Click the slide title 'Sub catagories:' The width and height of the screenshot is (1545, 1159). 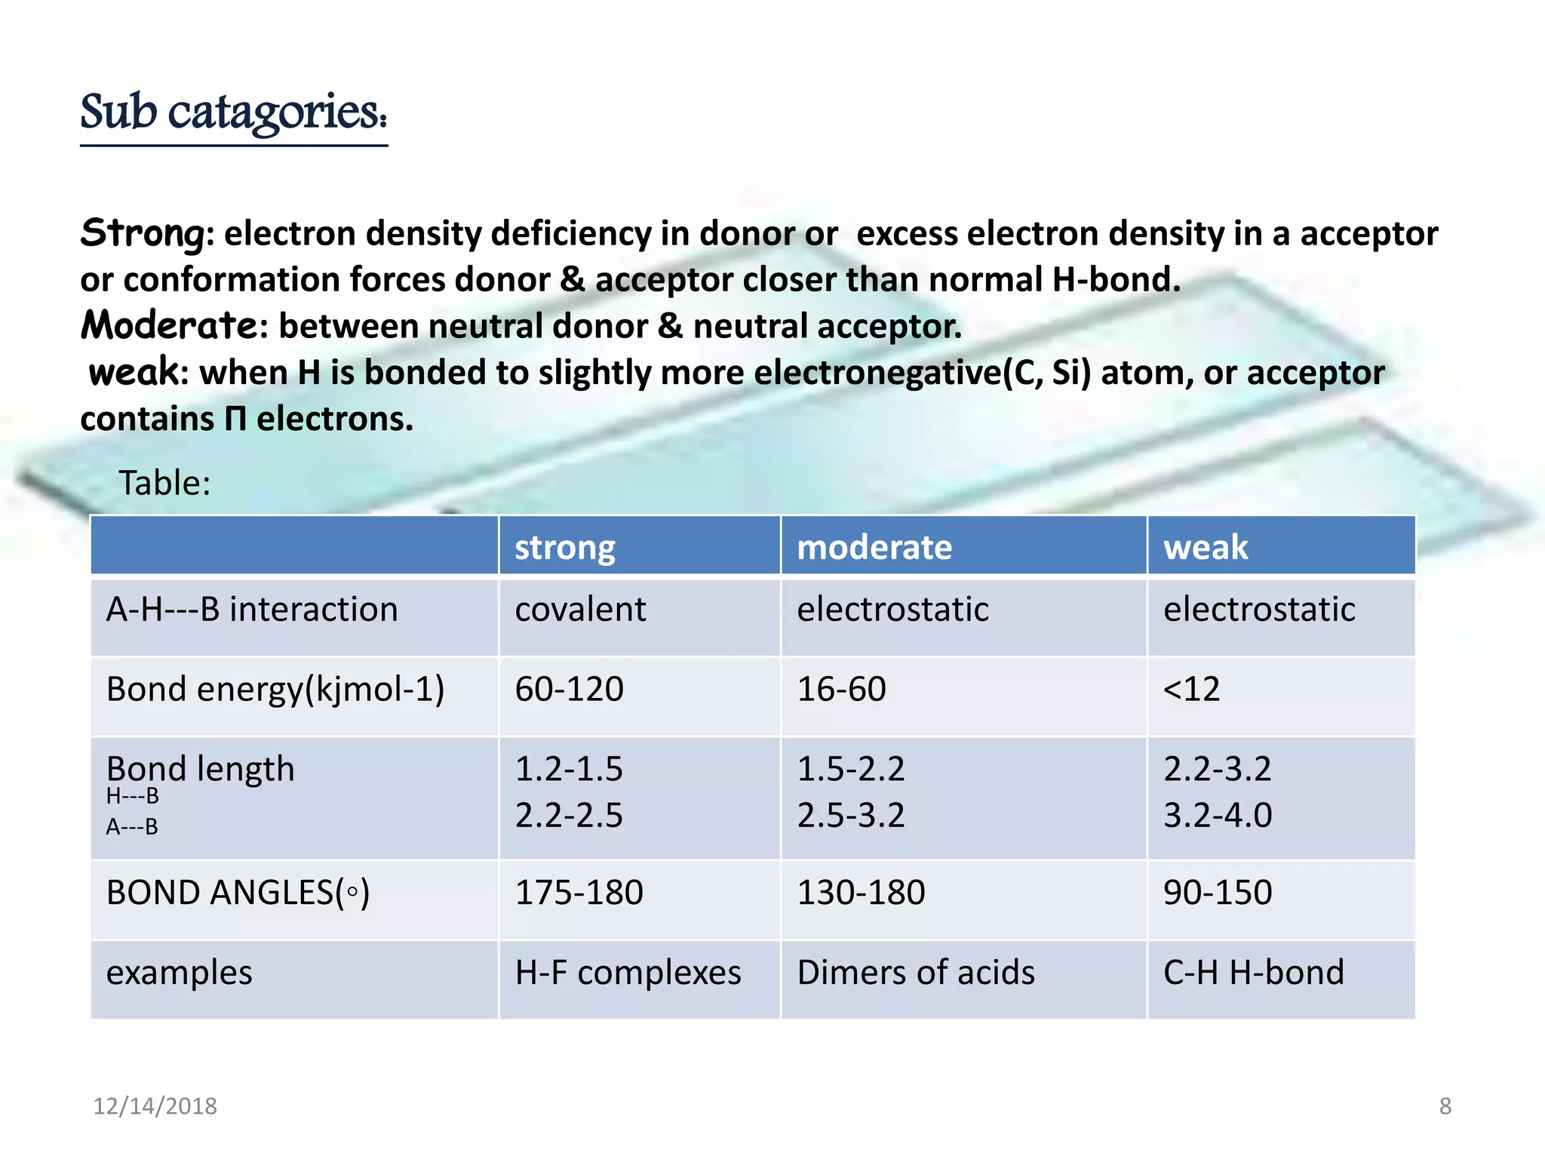tap(233, 113)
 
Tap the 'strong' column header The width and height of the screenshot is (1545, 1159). tap(564, 547)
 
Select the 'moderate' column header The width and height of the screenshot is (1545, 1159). tap(874, 547)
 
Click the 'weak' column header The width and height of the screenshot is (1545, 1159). tap(1205, 547)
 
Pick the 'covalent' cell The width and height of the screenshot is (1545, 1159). tap(579, 610)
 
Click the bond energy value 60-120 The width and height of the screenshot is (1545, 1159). tap(569, 689)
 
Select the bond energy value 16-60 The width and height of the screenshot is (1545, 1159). tap(841, 689)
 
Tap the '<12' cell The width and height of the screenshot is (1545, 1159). tap(1191, 689)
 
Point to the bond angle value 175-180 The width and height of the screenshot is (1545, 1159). tap(579, 893)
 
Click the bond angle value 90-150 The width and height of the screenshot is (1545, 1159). tap(1217, 893)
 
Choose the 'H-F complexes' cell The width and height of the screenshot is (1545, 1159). tap(628, 973)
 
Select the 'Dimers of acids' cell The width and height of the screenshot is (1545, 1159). tap(916, 973)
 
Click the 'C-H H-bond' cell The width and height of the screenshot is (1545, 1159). tap(1253, 973)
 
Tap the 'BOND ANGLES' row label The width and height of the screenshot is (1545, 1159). tap(238, 893)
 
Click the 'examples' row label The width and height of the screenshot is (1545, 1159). tap(179, 973)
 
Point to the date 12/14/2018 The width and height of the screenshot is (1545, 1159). tap(155, 1106)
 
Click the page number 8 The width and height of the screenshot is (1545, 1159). tap(1445, 1106)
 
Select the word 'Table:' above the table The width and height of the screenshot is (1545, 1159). tap(164, 483)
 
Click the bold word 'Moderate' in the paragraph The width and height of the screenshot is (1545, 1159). tap(170, 326)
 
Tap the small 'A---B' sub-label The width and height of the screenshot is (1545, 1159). tap(132, 827)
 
